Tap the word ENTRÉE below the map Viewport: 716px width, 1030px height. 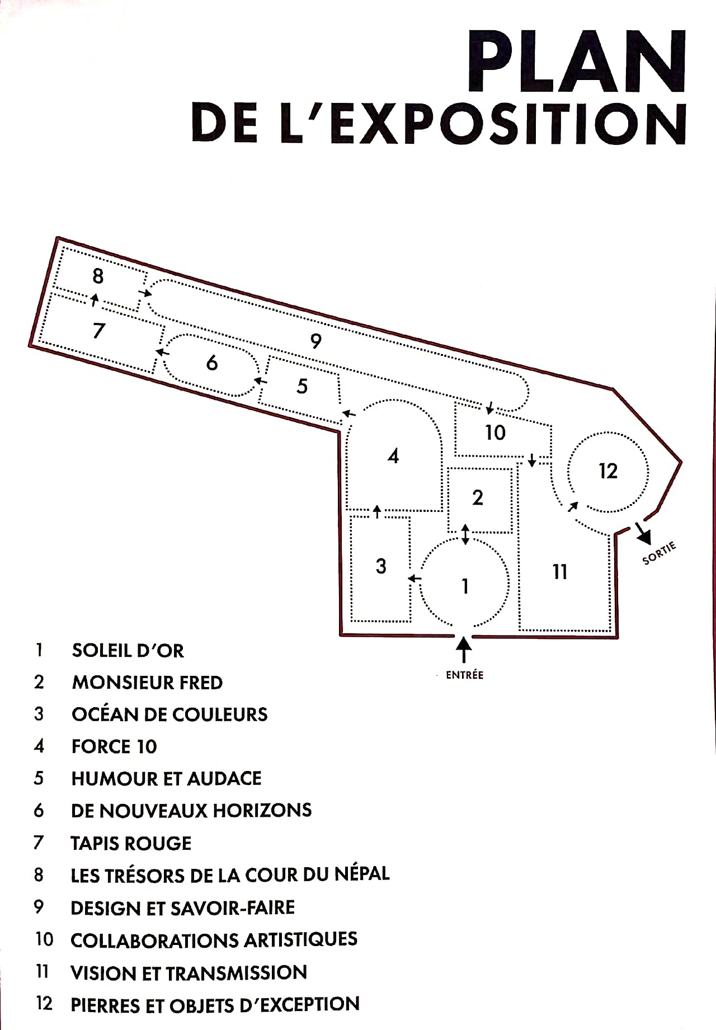click(x=464, y=675)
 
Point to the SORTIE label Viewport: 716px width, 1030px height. click(x=660, y=553)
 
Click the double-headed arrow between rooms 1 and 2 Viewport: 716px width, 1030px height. click(x=465, y=534)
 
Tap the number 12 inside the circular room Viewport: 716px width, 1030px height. click(x=608, y=471)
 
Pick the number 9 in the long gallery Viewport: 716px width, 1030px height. click(x=316, y=341)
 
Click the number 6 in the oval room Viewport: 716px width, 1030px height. click(x=212, y=363)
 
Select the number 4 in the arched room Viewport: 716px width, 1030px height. click(x=393, y=456)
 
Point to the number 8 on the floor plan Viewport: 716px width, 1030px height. click(x=98, y=276)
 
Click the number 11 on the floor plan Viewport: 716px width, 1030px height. click(x=560, y=572)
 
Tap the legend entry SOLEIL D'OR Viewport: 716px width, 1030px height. click(x=128, y=651)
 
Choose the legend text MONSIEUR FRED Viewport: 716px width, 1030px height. click(x=147, y=683)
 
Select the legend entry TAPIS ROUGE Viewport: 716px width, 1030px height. click(x=131, y=843)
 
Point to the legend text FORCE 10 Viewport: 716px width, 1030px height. click(x=114, y=746)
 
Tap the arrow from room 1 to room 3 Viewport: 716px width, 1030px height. click(x=414, y=578)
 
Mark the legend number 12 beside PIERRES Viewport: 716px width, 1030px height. click(x=44, y=1003)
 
